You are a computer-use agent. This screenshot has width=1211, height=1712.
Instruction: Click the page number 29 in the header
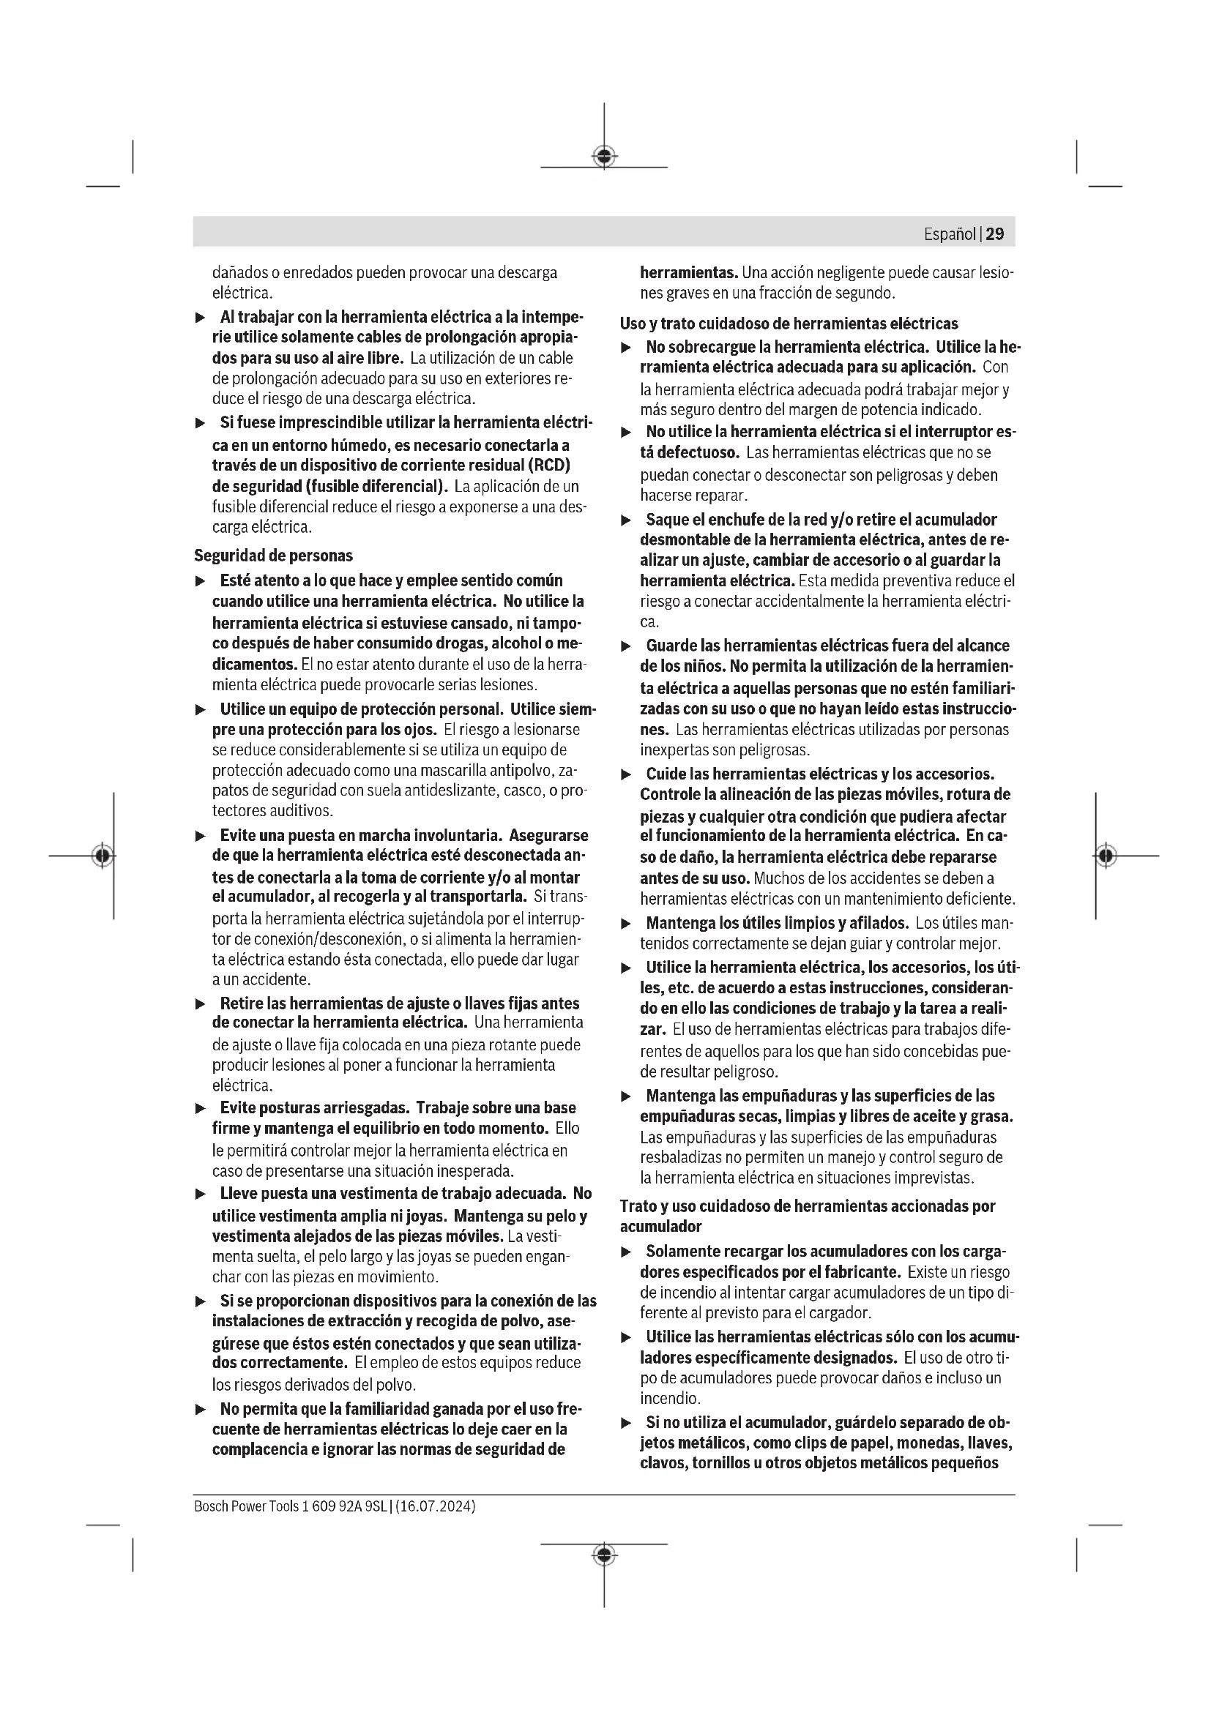(995, 234)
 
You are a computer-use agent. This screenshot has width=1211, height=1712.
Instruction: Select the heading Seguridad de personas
(273, 556)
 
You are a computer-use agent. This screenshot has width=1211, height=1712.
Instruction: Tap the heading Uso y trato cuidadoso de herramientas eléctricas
(789, 324)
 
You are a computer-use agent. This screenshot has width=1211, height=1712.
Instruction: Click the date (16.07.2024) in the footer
(436, 1506)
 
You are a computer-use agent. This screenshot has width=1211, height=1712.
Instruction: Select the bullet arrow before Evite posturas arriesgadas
(200, 1109)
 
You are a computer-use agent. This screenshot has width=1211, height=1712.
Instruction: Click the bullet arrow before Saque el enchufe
(627, 520)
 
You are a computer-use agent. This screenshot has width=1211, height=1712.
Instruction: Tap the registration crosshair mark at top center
(604, 156)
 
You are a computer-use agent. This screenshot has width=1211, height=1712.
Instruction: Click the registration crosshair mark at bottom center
(604, 1555)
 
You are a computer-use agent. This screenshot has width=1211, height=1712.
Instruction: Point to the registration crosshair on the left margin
(103, 855)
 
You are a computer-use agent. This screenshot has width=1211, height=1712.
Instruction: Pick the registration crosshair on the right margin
(1106, 855)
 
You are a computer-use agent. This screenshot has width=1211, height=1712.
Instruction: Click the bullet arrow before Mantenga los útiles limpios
(627, 924)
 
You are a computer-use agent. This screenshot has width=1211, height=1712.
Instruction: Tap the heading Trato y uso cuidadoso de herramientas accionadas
(808, 1206)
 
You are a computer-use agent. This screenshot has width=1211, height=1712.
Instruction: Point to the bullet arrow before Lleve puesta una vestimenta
(200, 1195)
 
